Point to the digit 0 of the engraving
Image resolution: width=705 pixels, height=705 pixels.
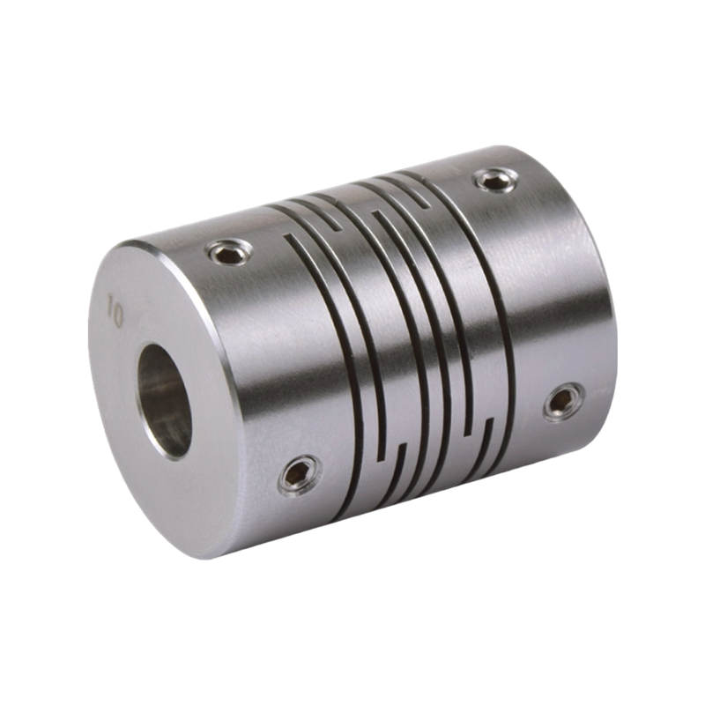click(116, 319)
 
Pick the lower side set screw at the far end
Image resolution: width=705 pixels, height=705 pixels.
click(561, 402)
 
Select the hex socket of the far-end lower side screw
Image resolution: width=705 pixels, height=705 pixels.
click(561, 402)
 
